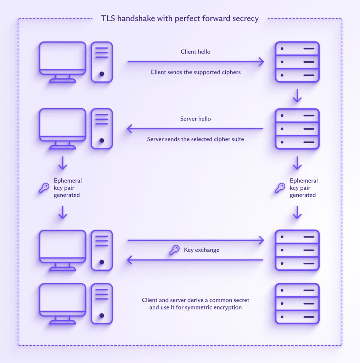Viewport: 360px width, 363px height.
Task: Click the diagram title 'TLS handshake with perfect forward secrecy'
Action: (180, 18)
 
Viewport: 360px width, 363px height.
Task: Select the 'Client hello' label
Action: (196, 52)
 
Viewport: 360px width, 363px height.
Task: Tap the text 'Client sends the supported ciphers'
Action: (196, 72)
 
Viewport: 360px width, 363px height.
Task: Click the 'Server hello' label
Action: (196, 119)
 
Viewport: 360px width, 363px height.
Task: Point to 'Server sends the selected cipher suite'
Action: (196, 139)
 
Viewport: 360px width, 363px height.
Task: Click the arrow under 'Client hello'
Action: (196, 62)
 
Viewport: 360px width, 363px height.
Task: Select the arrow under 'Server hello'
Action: (196, 129)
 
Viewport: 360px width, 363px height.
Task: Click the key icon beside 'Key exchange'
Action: (174, 250)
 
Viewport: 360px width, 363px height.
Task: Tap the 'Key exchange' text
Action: (202, 250)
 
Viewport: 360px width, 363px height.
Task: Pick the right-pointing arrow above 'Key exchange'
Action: (196, 240)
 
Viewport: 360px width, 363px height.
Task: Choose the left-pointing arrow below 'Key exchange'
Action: (196, 261)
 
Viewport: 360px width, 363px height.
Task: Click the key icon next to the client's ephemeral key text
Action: (44, 188)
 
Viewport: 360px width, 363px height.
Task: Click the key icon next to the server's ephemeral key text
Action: (280, 188)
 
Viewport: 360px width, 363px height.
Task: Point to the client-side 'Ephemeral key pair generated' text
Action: (67, 188)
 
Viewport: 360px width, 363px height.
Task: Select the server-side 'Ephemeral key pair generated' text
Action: (304, 188)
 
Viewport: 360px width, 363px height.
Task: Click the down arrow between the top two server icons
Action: (297, 96)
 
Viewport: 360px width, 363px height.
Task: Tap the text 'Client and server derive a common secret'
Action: (196, 300)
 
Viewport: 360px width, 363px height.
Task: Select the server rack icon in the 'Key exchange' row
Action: (297, 250)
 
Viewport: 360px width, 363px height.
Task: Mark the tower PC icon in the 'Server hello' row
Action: (102, 129)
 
